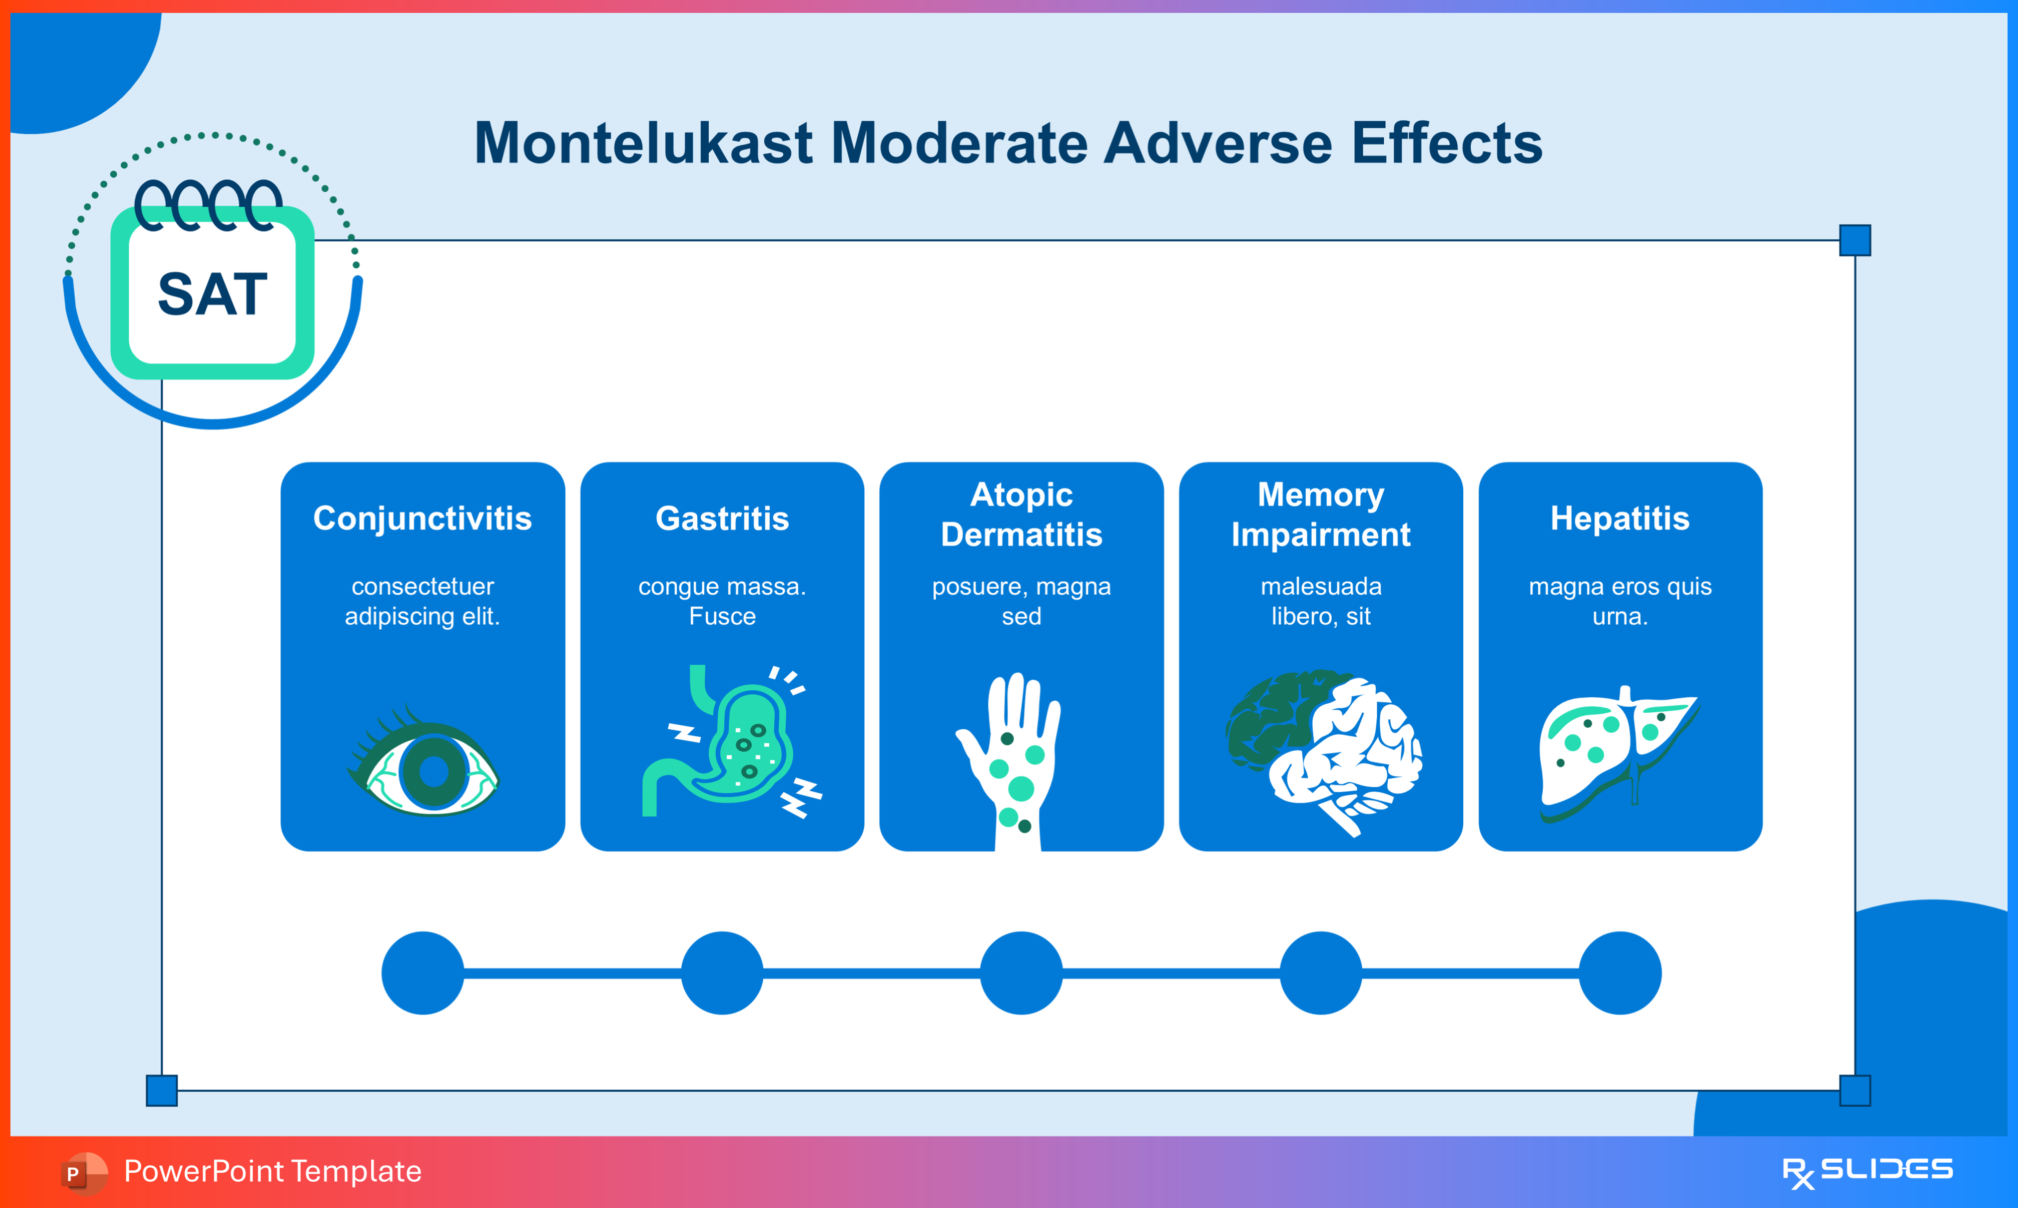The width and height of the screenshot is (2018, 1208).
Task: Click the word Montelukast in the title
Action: coord(643,143)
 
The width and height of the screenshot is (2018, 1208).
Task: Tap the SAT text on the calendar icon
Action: coord(213,294)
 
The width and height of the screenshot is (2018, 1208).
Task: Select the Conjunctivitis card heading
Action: coord(422,519)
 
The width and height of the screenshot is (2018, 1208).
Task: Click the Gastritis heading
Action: coord(722,519)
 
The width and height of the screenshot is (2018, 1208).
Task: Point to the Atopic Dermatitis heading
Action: coord(1021,515)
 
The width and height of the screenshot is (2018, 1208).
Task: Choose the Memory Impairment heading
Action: coord(1321,515)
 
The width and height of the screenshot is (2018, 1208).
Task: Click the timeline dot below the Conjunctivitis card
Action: coord(422,973)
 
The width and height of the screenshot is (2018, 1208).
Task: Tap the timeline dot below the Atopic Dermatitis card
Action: coord(1021,973)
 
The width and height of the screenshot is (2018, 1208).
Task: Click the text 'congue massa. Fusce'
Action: coord(722,601)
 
